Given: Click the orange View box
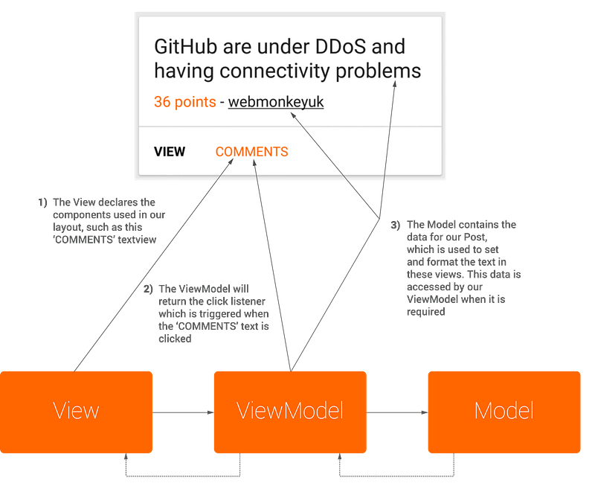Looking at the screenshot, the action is (x=76, y=412).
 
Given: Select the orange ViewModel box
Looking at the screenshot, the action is (x=290, y=412).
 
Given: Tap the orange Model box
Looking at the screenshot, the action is (x=504, y=412).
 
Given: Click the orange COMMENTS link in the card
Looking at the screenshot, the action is (x=251, y=152).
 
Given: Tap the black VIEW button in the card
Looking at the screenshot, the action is (x=170, y=152).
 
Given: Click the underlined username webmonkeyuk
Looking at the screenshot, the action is (x=276, y=102).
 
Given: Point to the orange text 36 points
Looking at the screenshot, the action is (x=184, y=102).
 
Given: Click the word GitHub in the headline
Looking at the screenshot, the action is (x=185, y=46).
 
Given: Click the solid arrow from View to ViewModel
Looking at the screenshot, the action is (x=183, y=412).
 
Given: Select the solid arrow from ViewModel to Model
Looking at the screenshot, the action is (x=397, y=412).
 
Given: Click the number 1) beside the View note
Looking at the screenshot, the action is (x=42, y=202).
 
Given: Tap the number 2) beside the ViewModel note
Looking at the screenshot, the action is (x=148, y=290).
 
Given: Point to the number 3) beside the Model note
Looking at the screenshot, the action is (x=396, y=225).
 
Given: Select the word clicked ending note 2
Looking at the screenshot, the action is (x=175, y=339).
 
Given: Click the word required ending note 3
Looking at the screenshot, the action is (x=425, y=312).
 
